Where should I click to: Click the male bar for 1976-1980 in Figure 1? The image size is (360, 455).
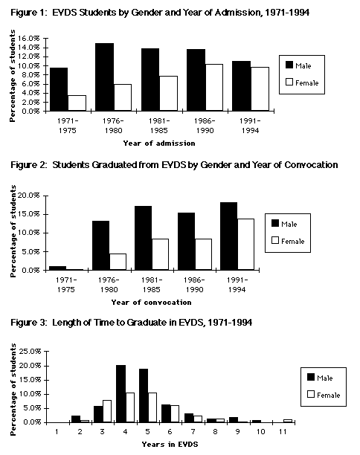tap(105, 77)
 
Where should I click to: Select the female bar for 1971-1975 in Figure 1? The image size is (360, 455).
tap(77, 103)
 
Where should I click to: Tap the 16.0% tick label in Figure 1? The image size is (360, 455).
tap(29, 39)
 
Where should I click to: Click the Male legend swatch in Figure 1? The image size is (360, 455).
tap(289, 65)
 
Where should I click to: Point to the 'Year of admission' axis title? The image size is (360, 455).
tap(159, 143)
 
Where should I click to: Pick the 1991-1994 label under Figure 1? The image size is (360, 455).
tap(250, 126)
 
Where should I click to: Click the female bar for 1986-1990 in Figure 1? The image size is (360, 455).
tap(213, 87)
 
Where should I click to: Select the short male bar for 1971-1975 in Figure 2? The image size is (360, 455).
tap(57, 268)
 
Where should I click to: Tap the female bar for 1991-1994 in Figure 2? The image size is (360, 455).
tap(245, 245)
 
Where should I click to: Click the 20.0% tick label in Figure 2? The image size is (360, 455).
tap(29, 196)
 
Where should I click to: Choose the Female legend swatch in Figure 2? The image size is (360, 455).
tap(275, 240)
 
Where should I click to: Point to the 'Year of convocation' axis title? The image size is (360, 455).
tap(151, 303)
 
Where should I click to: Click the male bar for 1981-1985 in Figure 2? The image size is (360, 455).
tap(143, 238)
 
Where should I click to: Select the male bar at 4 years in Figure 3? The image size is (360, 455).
tap(120, 393)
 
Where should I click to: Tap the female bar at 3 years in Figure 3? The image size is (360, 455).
tap(107, 411)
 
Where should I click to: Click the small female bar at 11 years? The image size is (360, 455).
tap(288, 421)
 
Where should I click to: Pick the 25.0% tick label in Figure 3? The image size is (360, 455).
tap(30, 352)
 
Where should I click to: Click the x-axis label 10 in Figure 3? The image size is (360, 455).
tap(260, 432)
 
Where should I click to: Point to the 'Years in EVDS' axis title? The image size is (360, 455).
tap(170, 445)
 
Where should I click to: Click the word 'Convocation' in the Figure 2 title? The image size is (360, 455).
tap(311, 165)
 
